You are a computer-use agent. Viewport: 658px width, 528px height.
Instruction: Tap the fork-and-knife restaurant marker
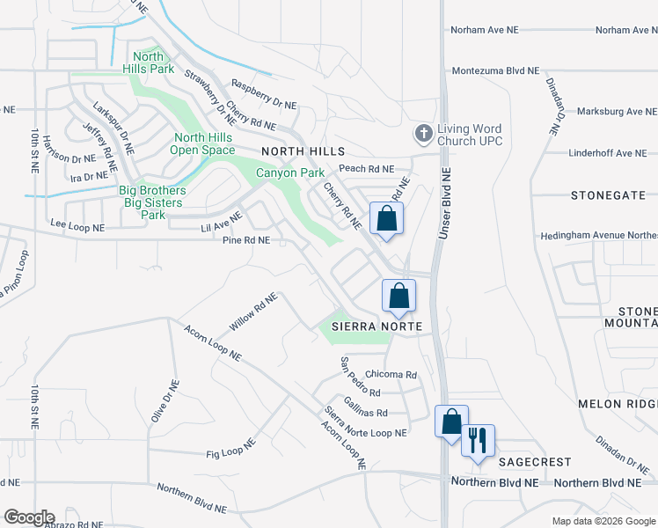tap(478, 440)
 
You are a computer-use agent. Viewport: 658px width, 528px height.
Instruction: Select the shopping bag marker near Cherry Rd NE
tap(385, 219)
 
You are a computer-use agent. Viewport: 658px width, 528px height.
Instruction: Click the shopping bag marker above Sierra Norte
tap(398, 296)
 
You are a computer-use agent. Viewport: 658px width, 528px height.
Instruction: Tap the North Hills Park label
tap(148, 62)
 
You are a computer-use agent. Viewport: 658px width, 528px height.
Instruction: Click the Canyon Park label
tap(284, 172)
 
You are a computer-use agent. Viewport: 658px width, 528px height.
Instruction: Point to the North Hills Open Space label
tap(202, 143)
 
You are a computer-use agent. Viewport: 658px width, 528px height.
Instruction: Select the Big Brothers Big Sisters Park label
tap(152, 202)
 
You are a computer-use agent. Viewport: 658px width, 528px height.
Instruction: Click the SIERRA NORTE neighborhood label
tap(377, 326)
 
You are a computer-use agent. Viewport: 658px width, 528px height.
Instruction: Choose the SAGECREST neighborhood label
tap(535, 461)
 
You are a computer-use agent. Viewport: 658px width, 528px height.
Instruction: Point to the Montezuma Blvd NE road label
tap(495, 71)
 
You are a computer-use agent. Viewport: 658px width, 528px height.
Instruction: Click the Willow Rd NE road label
tap(253, 312)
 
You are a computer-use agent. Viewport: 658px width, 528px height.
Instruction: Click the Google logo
tap(28, 517)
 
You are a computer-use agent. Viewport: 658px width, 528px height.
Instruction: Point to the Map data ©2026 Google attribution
tap(602, 521)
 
